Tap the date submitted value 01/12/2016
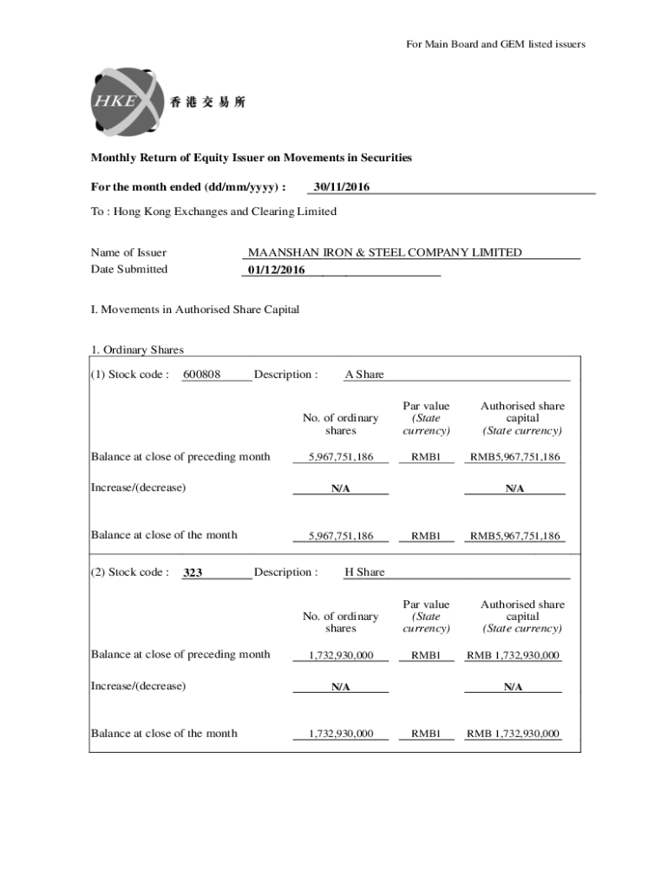tap(277, 270)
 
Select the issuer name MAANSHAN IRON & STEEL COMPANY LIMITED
tap(385, 252)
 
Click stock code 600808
tap(202, 375)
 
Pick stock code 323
tap(193, 573)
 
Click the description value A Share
tap(364, 375)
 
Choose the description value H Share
tap(364, 572)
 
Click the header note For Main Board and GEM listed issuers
tap(495, 44)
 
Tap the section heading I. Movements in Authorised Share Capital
tap(195, 310)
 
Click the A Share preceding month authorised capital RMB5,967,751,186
tap(514, 457)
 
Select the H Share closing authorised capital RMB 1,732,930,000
tap(513, 734)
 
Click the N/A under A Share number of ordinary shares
tap(340, 488)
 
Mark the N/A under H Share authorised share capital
tap(513, 687)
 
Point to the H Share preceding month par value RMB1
tap(426, 655)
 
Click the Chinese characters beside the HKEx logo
tap(208, 102)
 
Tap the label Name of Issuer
tap(128, 253)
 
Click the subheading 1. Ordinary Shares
tap(138, 350)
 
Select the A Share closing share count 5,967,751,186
tap(340, 536)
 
